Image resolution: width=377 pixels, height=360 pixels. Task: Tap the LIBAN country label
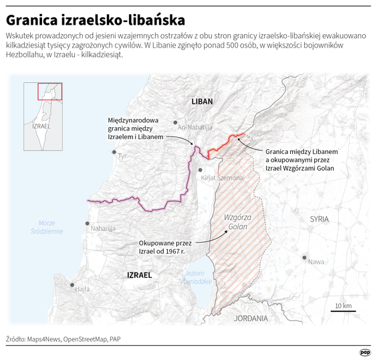tap(202, 102)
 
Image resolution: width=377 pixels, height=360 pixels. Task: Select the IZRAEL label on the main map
tap(139, 275)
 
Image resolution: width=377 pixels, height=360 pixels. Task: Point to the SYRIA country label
tap(320, 219)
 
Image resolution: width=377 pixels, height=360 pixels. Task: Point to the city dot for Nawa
tap(305, 258)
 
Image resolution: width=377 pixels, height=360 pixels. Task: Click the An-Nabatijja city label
tap(195, 127)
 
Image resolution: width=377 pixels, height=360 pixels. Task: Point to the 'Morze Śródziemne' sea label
tap(51, 227)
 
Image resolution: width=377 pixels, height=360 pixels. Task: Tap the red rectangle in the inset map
tap(50, 91)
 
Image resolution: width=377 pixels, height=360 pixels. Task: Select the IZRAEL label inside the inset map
tap(41, 126)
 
